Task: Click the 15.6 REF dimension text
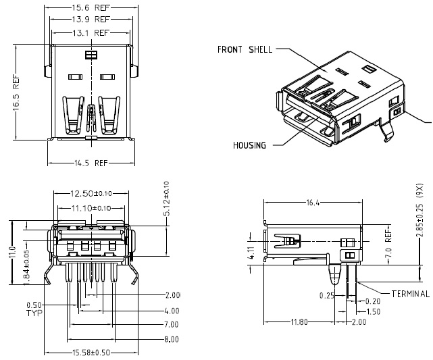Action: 91,8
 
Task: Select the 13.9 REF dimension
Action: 91,20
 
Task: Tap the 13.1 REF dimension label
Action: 91,32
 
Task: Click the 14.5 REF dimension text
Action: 91,163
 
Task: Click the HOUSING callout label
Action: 249,145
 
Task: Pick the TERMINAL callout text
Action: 410,294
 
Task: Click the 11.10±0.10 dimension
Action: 91,208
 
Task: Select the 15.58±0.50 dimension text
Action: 91,353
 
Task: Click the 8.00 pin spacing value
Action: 172,339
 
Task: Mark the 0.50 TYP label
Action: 34,309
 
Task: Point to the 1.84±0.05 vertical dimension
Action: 26,267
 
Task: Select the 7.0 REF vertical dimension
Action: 388,244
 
